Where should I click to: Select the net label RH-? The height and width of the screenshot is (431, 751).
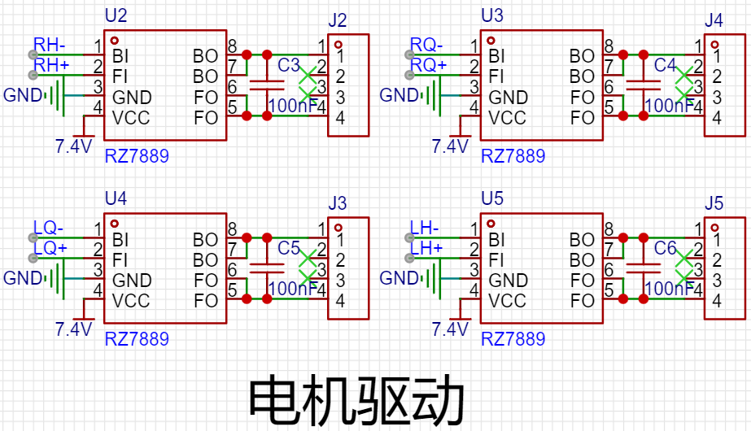tap(49, 44)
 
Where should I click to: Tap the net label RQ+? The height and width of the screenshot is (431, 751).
tap(428, 65)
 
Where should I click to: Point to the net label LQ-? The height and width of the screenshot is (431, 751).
tap(48, 228)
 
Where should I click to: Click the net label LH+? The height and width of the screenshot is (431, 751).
tap(426, 248)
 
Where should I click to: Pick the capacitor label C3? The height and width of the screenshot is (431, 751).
tap(289, 65)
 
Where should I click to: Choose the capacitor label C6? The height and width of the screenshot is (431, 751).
tap(666, 248)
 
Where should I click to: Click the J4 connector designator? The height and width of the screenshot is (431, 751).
tap(714, 21)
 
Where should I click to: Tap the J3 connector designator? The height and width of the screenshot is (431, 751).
tap(338, 203)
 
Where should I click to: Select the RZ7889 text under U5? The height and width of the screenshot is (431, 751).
tap(513, 338)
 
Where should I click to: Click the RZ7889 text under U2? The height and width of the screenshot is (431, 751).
tap(137, 155)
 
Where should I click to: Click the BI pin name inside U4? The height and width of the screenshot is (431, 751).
tap(120, 240)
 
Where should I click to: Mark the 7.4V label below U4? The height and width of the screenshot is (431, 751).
tap(73, 329)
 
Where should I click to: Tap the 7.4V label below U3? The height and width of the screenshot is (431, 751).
tap(450, 146)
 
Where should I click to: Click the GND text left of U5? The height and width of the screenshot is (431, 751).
tap(399, 278)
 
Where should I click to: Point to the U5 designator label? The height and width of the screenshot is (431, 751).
tap(492, 198)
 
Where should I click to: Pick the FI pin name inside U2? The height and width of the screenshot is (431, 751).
tap(120, 77)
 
